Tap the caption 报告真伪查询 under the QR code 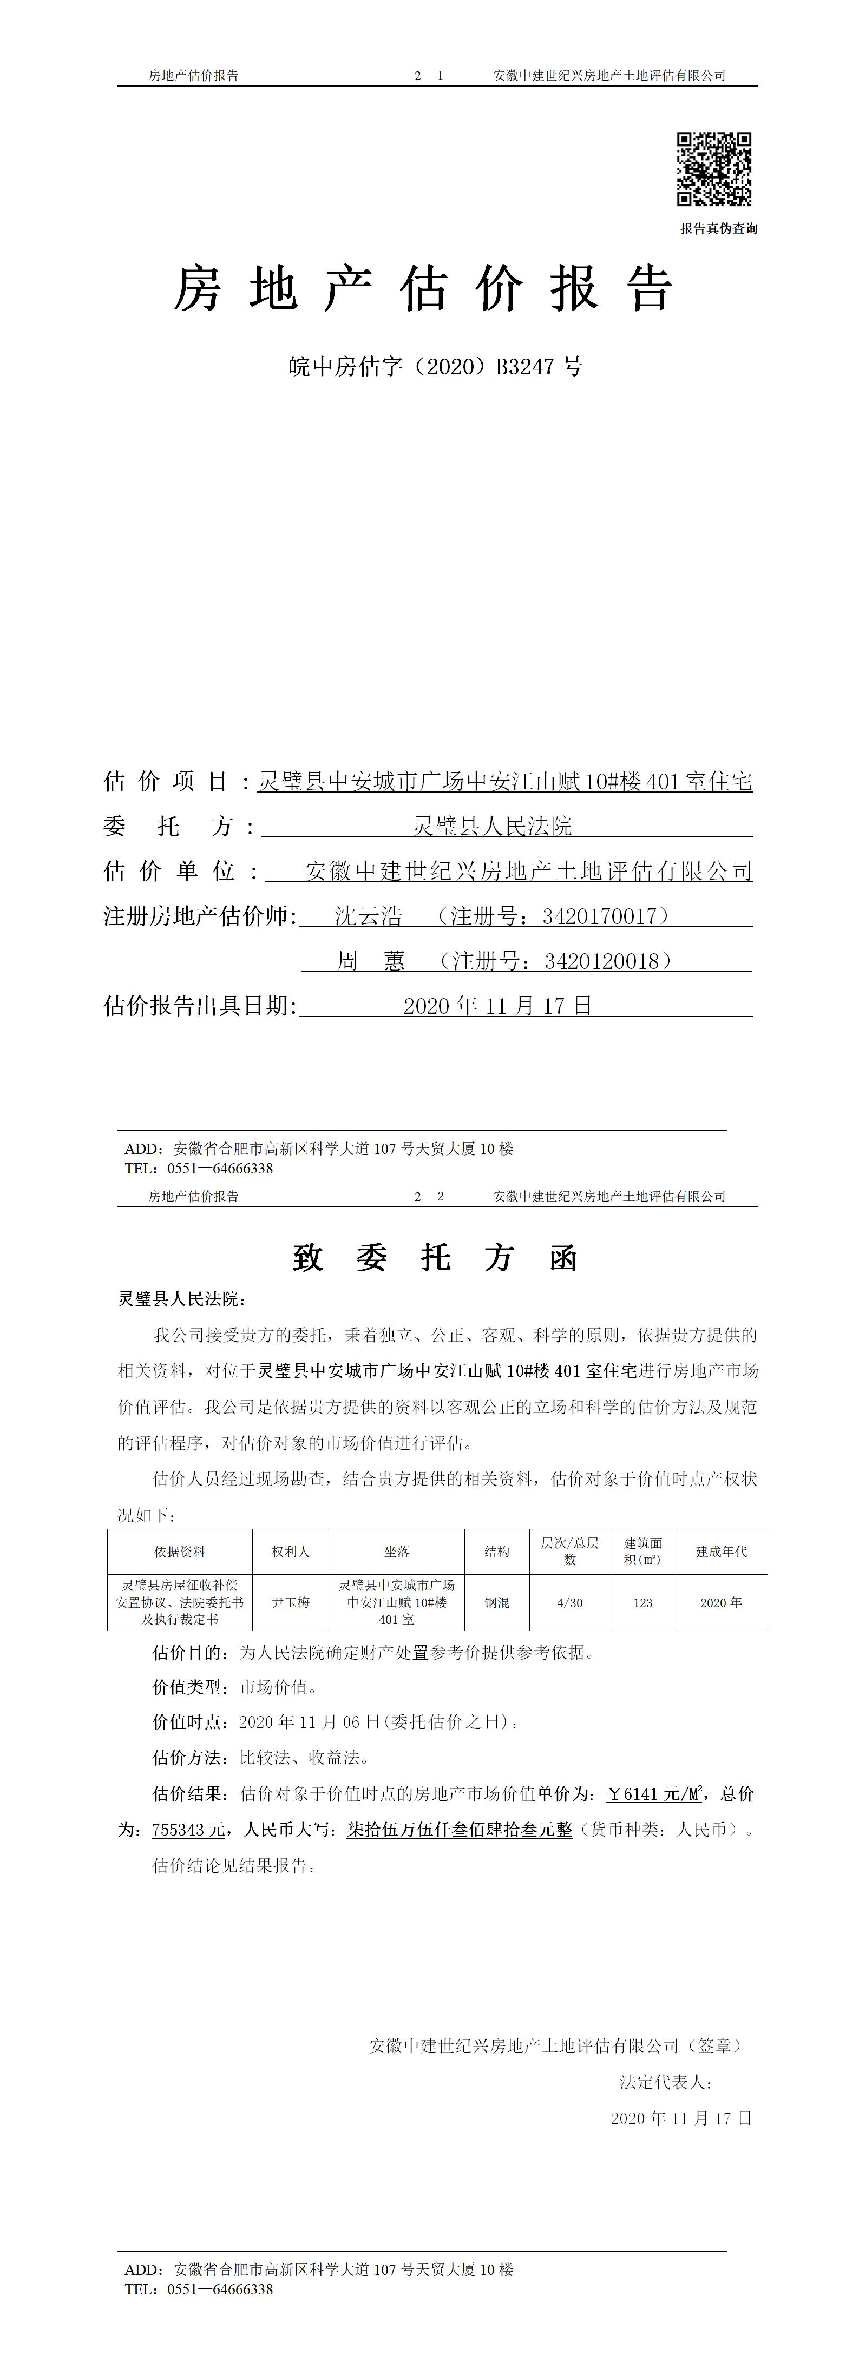click(719, 228)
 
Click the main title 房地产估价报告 click(424, 289)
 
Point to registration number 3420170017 click(600, 915)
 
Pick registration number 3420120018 click(602, 960)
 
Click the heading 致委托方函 click(435, 1258)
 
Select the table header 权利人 click(290, 1551)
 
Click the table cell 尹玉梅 click(290, 1602)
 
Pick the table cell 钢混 click(496, 1602)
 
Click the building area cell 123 click(642, 1602)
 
